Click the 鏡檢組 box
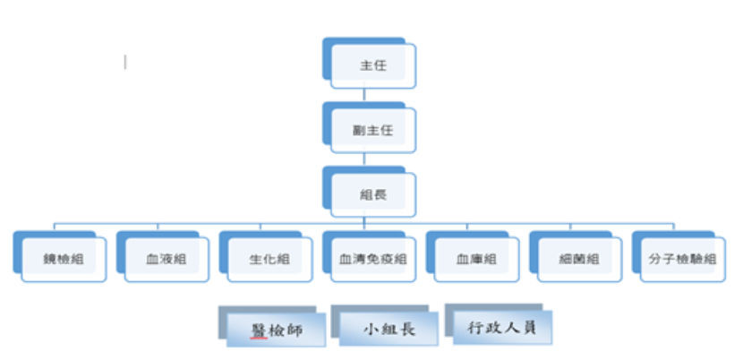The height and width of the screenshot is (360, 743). pyautogui.click(x=63, y=259)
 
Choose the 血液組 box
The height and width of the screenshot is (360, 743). pyautogui.click(x=166, y=259)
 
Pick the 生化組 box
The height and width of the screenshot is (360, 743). pyautogui.click(x=269, y=259)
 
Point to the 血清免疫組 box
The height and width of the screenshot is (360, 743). pyautogui.click(x=372, y=259)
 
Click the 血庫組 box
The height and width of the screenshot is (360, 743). pyautogui.click(x=475, y=259)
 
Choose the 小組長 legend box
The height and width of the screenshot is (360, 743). pyautogui.click(x=389, y=329)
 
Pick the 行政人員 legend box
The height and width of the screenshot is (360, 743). pyautogui.click(x=501, y=327)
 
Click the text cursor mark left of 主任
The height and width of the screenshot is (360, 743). pyautogui.click(x=125, y=62)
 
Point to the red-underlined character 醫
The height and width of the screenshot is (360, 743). pyautogui.click(x=259, y=330)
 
